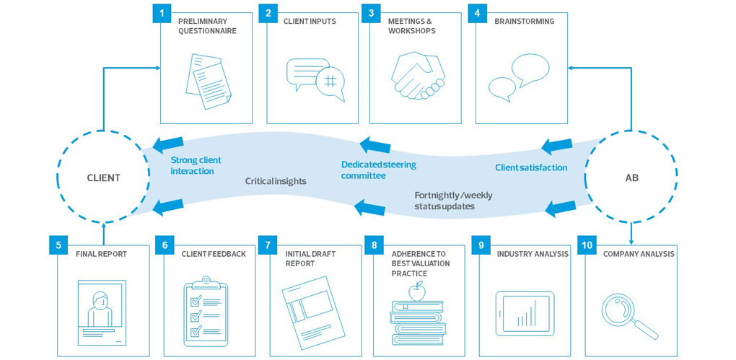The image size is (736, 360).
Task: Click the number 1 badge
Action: click(162, 13)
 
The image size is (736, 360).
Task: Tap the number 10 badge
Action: click(587, 245)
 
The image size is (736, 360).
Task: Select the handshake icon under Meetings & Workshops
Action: click(417, 76)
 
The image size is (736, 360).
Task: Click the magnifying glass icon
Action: click(628, 315)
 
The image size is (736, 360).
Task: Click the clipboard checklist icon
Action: click(206, 311)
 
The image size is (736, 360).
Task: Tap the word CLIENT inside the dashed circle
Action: click(103, 177)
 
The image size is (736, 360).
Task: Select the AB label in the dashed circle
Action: click(631, 177)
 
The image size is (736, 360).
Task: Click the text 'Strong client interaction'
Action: click(196, 165)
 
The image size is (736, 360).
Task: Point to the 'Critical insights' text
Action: click(276, 181)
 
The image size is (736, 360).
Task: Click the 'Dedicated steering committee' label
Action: click(378, 170)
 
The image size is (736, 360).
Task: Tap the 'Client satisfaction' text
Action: click(530, 167)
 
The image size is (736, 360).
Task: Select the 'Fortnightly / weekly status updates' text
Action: click(453, 201)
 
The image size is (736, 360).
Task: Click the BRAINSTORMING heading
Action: click(524, 22)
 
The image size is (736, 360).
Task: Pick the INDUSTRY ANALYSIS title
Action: click(533, 254)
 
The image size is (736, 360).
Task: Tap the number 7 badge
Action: click(268, 245)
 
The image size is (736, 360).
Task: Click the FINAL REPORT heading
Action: click(101, 254)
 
